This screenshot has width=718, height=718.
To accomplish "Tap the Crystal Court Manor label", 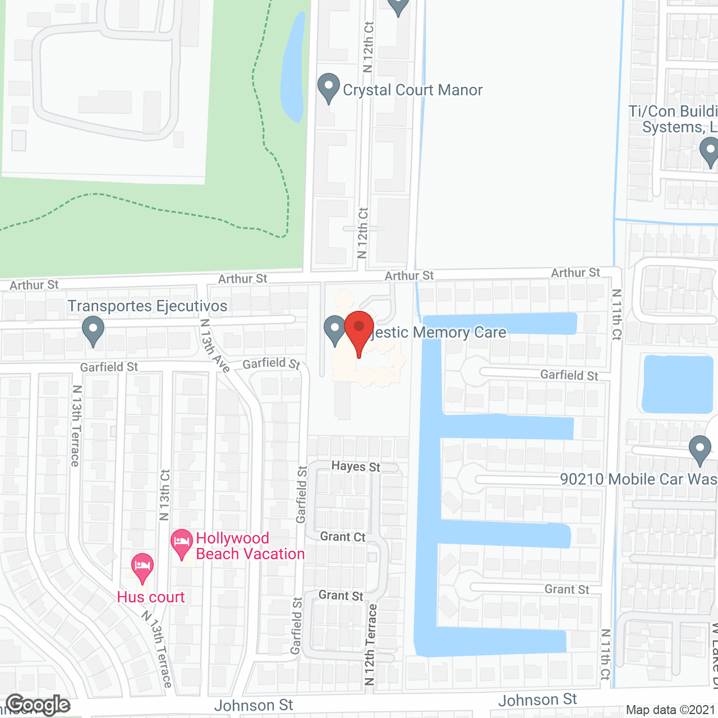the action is [x=412, y=90].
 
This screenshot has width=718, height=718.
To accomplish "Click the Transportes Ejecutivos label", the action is [x=148, y=306].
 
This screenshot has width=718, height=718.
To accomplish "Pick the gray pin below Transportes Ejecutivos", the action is [x=93, y=331].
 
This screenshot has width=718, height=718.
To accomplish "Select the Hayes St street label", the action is [x=356, y=467].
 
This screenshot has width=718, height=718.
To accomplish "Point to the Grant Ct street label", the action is [x=343, y=537].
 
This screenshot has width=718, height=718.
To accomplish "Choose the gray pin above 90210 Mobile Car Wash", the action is [x=699, y=450].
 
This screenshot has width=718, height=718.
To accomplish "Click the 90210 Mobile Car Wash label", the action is [x=638, y=480].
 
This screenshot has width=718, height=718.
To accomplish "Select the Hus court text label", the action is [x=151, y=597].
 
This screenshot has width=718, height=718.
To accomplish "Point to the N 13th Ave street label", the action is [x=215, y=346].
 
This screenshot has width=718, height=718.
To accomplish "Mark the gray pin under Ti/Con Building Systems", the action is [x=710, y=152].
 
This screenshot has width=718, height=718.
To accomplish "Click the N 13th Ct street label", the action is [x=164, y=495].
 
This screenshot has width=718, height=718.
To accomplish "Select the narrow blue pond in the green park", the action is [x=293, y=67].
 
